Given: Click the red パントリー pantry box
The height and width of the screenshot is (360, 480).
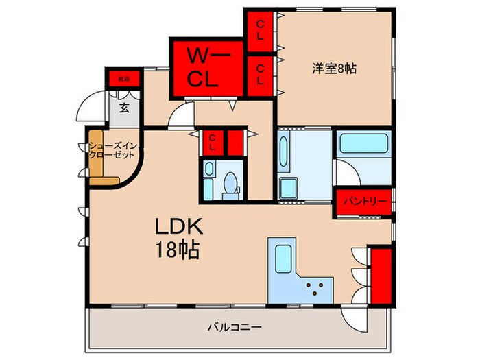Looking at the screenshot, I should (364, 202).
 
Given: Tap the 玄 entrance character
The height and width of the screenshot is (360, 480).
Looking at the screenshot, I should (125, 108).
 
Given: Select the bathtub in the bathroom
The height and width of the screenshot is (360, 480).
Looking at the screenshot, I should (363, 145).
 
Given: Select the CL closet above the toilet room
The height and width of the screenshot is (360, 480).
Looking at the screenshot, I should (213, 143).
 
